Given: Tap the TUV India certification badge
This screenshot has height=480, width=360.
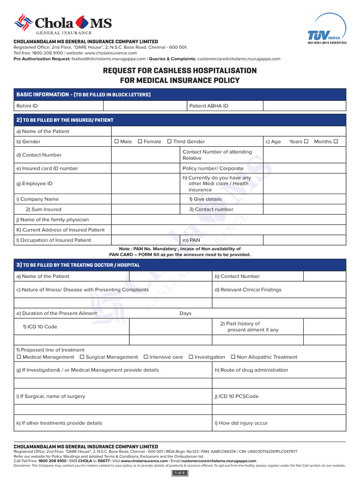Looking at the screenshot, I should coord(326,30).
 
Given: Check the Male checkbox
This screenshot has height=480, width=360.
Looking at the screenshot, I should coord(117,142).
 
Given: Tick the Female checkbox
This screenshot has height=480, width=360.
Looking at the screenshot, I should coord(140,142).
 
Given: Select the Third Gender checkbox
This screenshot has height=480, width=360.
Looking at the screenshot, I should coord(169,142).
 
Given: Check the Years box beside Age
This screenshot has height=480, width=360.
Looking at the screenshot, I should coord(306,142).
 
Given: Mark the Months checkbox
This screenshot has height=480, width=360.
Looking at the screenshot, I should coord(335,142).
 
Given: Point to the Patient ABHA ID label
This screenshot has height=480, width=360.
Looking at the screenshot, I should coord(209,106).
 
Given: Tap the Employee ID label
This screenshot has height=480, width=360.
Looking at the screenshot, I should coord(34,184).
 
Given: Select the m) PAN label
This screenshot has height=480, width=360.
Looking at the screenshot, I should coord(191,240).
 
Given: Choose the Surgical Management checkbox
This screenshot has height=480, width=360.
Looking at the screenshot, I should coord(82,357).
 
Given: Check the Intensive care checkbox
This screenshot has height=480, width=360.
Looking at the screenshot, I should coord(145,357).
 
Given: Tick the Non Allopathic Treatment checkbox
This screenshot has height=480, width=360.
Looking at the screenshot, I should coord(233,357).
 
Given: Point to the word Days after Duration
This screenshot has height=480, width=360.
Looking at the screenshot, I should coord(186,313).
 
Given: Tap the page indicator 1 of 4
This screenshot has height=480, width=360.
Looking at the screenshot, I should coord(180,473).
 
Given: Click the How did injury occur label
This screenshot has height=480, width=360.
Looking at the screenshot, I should coord(241,423).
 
